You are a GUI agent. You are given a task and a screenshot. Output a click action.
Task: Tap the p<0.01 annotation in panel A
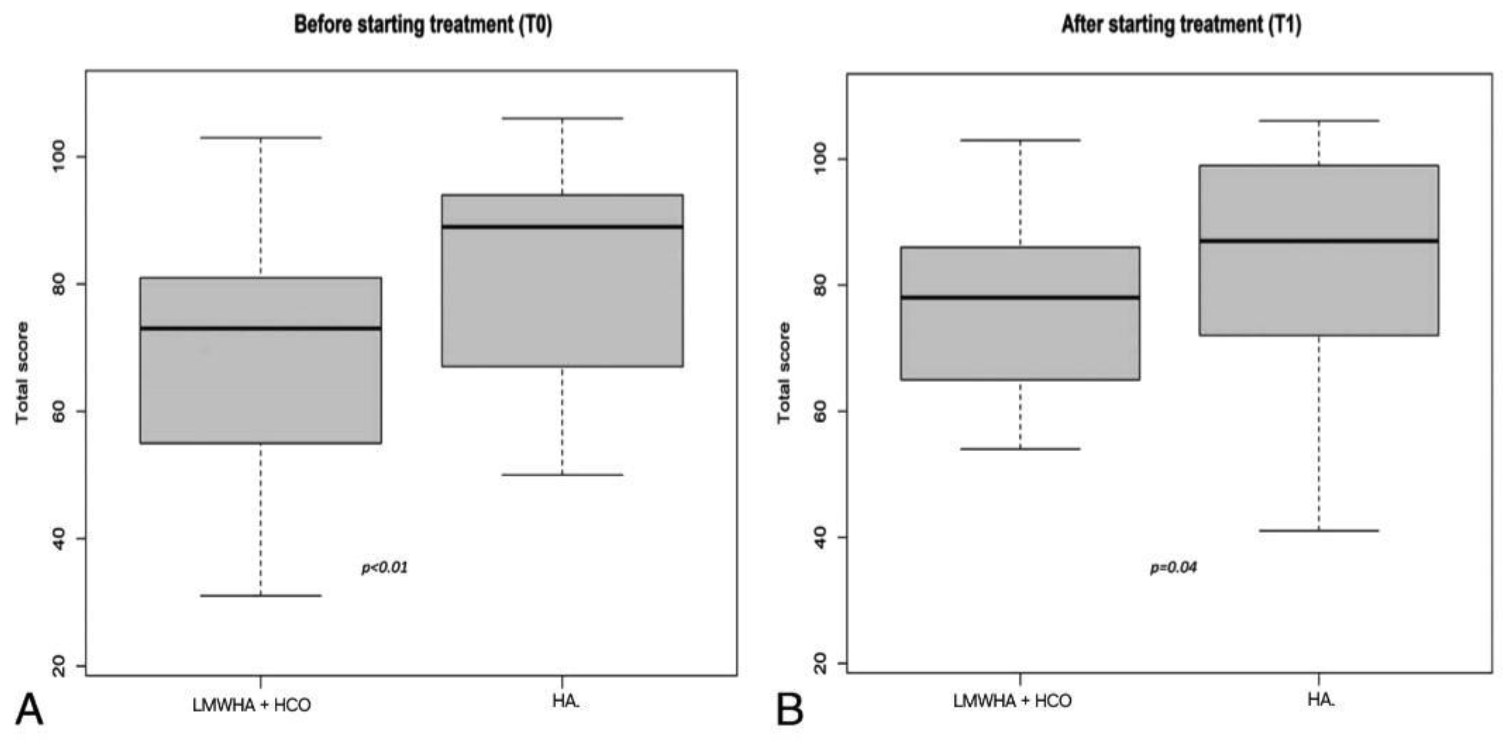(x=384, y=567)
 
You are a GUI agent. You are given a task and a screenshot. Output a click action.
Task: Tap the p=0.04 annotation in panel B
(x=1173, y=567)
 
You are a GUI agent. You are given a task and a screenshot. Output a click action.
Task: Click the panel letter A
(x=29, y=710)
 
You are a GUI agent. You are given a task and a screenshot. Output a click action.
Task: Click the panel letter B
(x=790, y=710)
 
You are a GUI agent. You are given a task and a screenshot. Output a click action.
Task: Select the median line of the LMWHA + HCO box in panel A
(x=261, y=328)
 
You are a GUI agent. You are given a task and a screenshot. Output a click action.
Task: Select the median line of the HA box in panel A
(x=562, y=226)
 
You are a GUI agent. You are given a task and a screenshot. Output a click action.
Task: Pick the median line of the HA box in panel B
(x=1319, y=241)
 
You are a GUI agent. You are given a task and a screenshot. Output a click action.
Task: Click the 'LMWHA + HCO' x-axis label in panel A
(x=251, y=705)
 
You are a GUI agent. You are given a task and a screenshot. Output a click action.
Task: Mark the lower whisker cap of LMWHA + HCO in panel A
(x=261, y=595)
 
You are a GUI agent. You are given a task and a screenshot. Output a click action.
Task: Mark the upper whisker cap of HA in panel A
(x=562, y=118)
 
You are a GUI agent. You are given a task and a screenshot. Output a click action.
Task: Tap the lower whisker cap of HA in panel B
(x=1319, y=530)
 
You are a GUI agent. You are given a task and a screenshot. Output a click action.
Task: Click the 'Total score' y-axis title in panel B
(x=784, y=373)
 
